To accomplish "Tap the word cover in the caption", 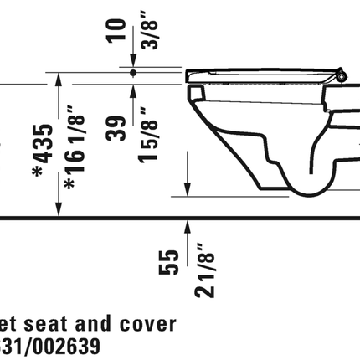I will (x=147, y=323).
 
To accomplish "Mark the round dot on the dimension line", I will (x=133, y=74).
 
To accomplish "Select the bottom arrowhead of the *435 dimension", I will (x=58, y=210).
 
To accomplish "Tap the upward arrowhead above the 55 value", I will (x=187, y=224).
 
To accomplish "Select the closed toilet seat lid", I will (x=260, y=73).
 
